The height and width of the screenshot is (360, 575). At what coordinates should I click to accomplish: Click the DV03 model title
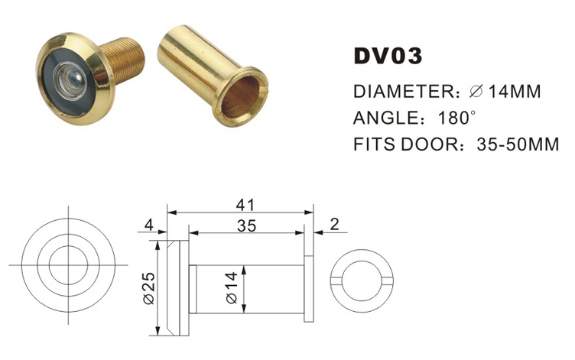pos(388,57)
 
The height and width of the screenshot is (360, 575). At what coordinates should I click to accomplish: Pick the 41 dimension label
pos(245,204)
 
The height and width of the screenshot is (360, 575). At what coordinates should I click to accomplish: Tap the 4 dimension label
pos(149,225)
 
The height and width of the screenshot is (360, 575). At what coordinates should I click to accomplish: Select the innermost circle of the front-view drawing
pos(68,264)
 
